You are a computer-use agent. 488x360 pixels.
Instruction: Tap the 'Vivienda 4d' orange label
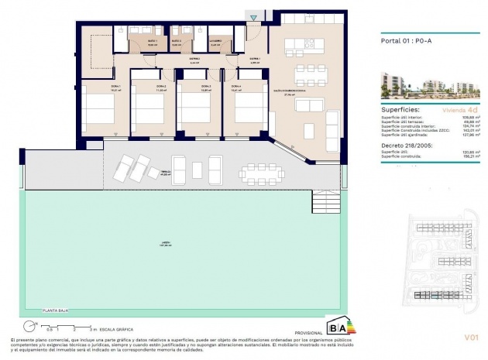453,110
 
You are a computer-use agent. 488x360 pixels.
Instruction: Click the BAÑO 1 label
152,41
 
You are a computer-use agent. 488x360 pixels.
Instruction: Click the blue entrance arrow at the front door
253,17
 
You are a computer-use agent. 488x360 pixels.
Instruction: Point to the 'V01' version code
473,338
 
